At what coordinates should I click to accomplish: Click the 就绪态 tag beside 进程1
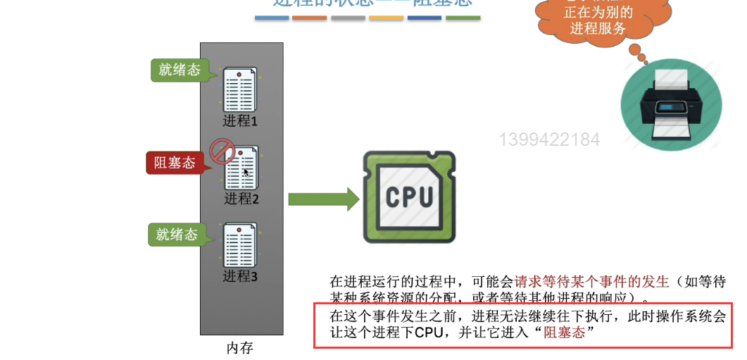click(x=180, y=70)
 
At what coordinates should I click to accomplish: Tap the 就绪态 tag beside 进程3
click(x=177, y=235)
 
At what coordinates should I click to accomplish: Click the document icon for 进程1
click(x=240, y=89)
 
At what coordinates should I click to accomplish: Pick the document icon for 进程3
click(x=240, y=246)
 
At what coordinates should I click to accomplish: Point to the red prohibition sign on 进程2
click(x=222, y=151)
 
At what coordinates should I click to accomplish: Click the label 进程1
click(x=240, y=120)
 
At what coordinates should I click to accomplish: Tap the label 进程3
click(x=240, y=276)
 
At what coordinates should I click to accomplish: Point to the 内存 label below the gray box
click(x=240, y=348)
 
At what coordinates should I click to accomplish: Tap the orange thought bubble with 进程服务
click(x=598, y=20)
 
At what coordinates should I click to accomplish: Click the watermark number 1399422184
click(x=549, y=139)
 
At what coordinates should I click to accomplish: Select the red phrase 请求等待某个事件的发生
click(x=591, y=282)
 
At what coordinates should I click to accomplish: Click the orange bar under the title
click(x=310, y=18)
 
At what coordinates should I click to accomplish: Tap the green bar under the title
click(x=463, y=18)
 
